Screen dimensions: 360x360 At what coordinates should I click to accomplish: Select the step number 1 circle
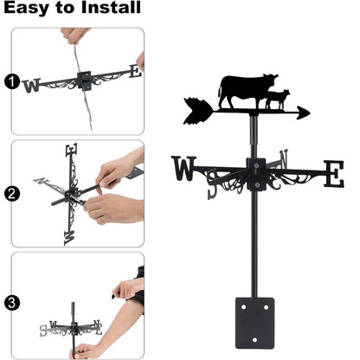(x=10, y=81)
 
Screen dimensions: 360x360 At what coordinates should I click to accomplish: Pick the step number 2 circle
(x=10, y=194)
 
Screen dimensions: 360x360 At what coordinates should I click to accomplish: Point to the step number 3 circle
(x=10, y=303)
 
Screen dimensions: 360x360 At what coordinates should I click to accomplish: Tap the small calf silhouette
(x=279, y=100)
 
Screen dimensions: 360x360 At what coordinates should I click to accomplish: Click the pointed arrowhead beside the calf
(x=303, y=112)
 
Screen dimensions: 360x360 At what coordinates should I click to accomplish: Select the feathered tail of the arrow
(x=196, y=107)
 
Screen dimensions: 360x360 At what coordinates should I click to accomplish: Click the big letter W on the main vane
(x=185, y=169)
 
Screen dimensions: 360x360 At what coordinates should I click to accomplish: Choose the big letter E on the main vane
(x=333, y=173)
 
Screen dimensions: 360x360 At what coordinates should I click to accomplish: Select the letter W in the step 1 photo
(x=33, y=84)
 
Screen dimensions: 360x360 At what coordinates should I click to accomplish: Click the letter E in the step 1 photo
(x=134, y=72)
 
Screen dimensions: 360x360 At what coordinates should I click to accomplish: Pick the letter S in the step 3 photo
(x=43, y=330)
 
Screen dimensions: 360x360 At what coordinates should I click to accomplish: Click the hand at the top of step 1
(x=76, y=36)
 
